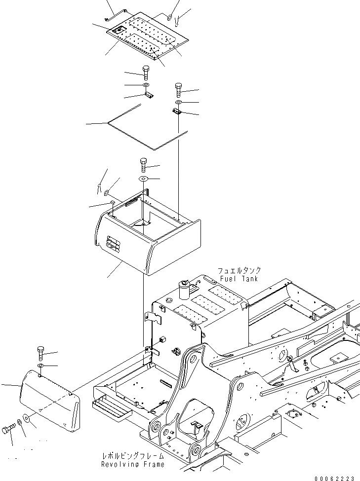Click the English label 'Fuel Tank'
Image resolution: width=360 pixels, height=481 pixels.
click(239, 279)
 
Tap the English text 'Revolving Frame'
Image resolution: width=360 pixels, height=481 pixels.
click(132, 465)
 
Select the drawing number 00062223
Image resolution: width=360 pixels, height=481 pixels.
click(334, 477)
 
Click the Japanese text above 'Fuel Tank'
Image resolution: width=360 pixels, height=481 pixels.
click(239, 271)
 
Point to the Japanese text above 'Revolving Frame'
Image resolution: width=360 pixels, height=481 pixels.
click(132, 457)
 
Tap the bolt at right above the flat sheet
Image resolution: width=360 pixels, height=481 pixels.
click(177, 91)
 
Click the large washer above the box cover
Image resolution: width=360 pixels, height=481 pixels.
click(143, 178)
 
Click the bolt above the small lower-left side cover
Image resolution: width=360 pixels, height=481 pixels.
click(41, 353)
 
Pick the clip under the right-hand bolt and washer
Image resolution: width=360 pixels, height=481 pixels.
click(177, 112)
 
